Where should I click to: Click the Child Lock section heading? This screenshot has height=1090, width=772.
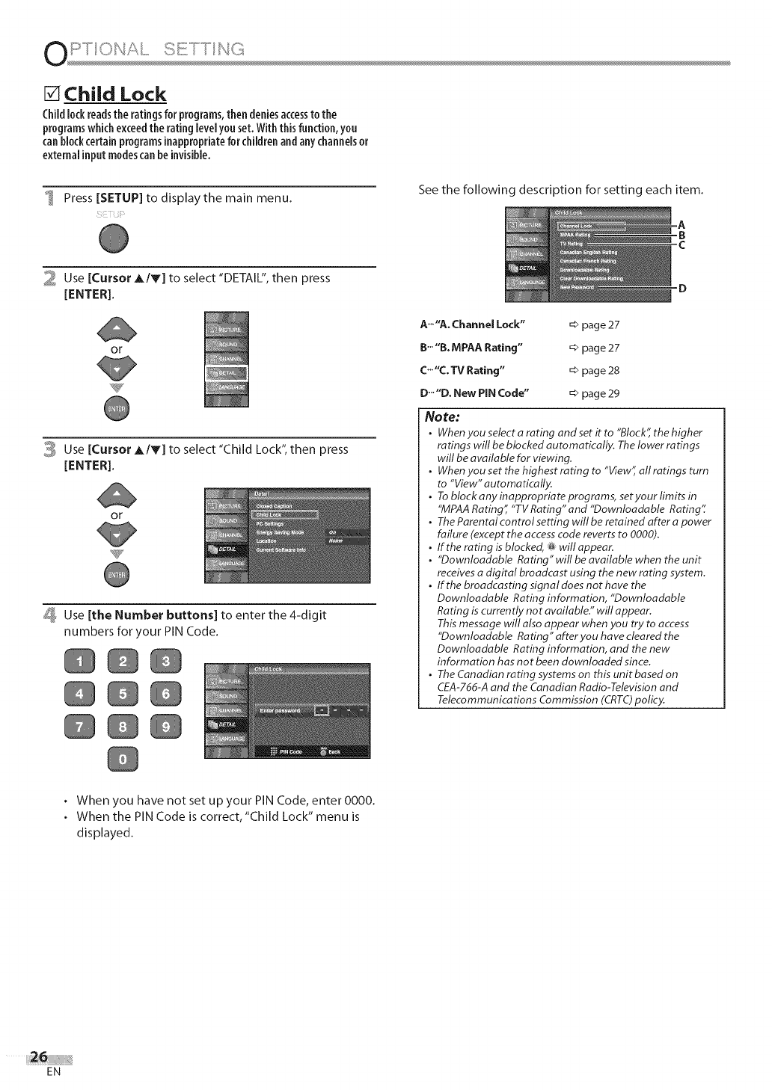[x=115, y=94]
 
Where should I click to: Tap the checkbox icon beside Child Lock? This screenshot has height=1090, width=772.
[x=52, y=94]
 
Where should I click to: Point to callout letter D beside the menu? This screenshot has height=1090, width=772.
[x=681, y=289]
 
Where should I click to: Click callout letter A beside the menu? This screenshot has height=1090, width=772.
[x=681, y=224]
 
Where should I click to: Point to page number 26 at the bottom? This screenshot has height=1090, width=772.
[x=37, y=1056]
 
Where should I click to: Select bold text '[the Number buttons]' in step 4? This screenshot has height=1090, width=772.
[x=153, y=615]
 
